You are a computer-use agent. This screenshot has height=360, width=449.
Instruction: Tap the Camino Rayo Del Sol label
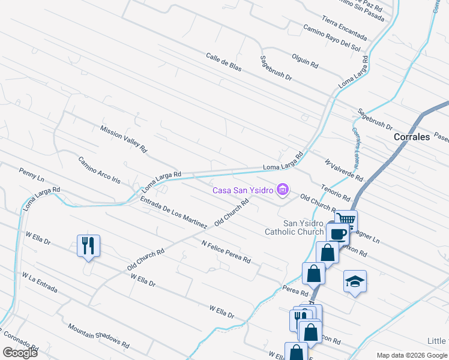[331, 37]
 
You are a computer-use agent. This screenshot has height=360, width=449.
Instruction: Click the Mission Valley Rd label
[124, 139]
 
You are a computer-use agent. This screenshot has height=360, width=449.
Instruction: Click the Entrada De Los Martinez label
[173, 213]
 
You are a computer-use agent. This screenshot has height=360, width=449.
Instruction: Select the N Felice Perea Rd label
[226, 253]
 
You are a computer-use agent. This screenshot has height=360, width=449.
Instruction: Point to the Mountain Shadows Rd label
[98, 336]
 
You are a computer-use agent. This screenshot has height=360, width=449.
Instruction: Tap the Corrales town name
[412, 137]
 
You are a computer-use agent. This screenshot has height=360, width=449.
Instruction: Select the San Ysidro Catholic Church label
[294, 227]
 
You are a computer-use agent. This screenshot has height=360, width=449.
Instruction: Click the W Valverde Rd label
[344, 170]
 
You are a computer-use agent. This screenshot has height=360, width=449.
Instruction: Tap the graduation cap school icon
[355, 281]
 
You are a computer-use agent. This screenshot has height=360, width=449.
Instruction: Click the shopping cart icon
[346, 220]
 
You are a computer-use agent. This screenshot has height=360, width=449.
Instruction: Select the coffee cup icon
[338, 233]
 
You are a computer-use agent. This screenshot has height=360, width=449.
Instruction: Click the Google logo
[20, 353]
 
